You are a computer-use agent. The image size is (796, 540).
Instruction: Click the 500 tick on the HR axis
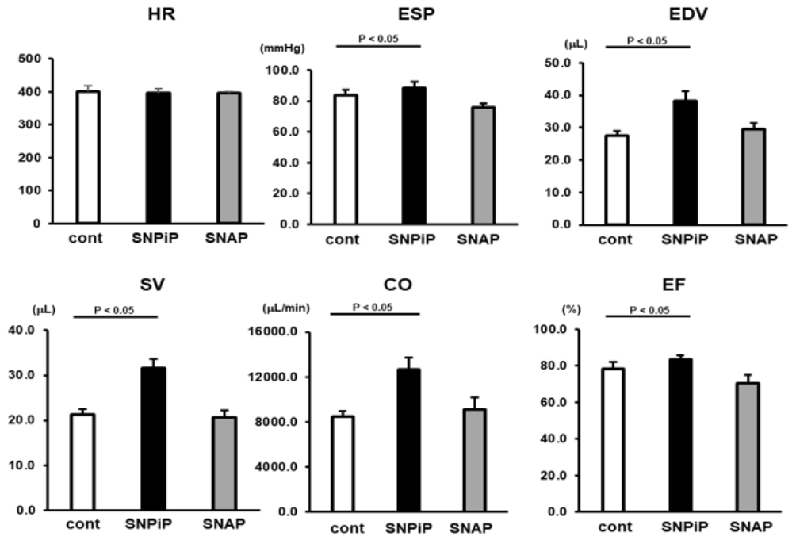(x=33, y=59)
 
